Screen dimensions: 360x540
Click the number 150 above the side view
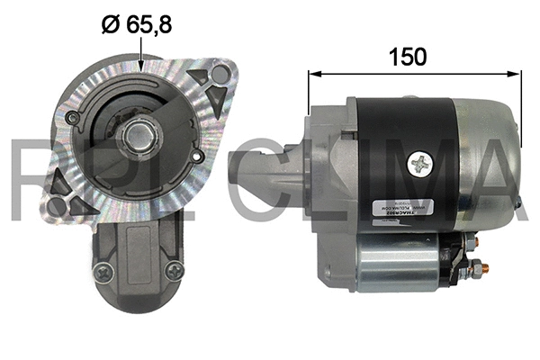coord(407,56)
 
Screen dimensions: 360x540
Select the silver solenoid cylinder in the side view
coord(396,261)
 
